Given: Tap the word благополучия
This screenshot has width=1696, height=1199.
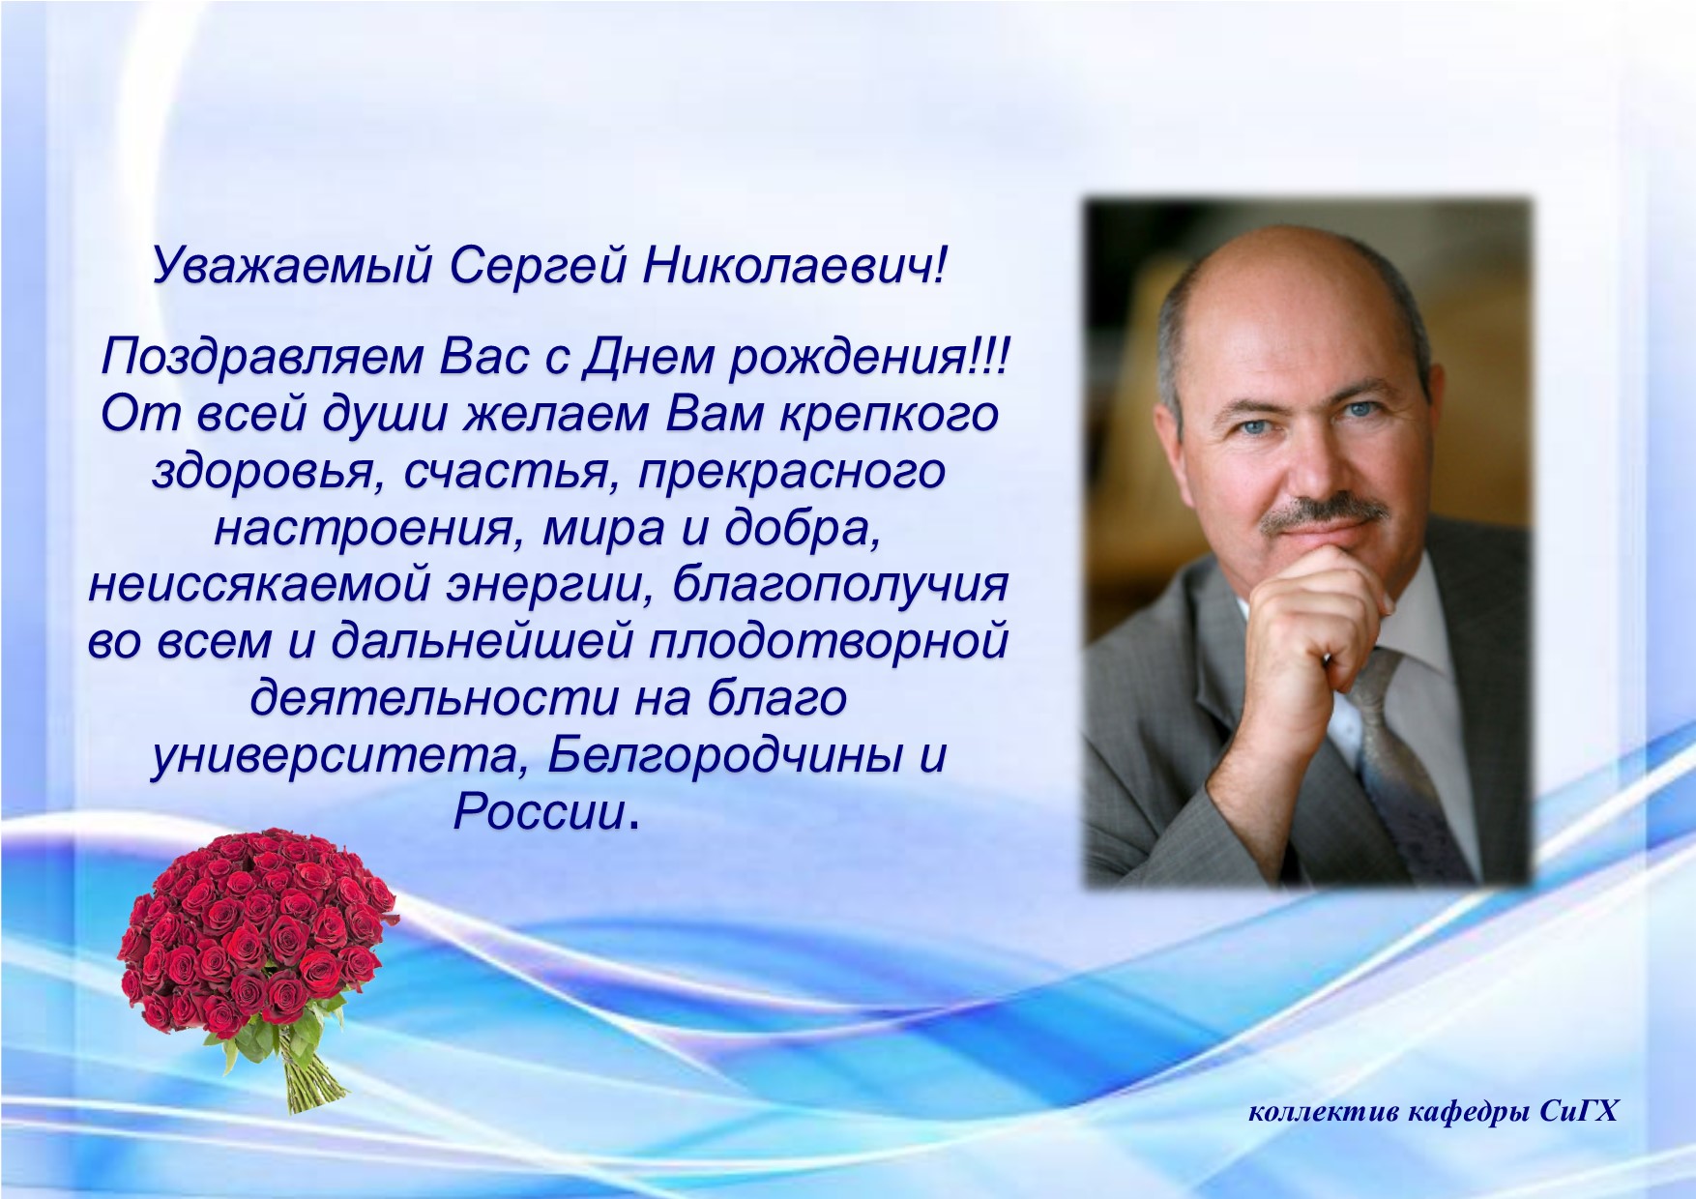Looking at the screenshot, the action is (x=840, y=585).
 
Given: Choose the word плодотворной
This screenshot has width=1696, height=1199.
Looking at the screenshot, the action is (x=829, y=642).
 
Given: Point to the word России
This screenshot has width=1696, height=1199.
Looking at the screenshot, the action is (x=540, y=810).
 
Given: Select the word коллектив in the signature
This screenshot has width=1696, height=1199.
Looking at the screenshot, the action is (x=1324, y=1113).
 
